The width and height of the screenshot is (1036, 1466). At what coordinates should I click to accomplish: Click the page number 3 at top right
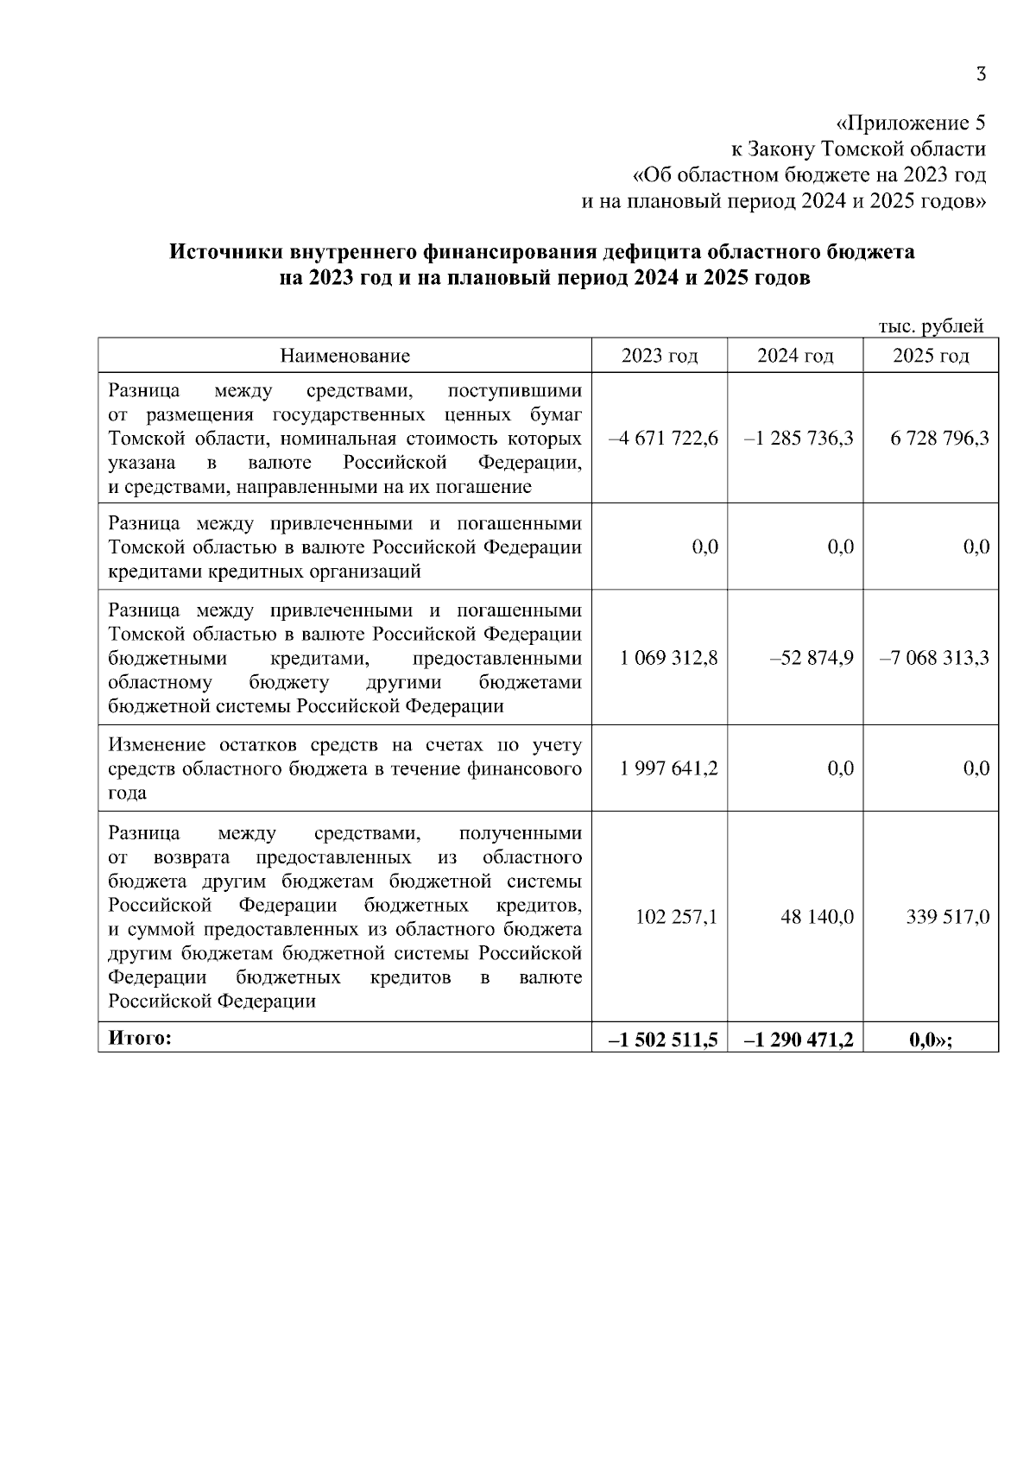980,75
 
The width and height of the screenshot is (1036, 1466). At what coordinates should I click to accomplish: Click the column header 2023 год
660,356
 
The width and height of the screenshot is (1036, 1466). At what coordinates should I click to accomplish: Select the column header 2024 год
795,356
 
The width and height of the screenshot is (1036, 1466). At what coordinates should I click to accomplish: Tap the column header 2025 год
931,356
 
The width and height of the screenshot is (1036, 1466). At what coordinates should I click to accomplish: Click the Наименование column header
345,356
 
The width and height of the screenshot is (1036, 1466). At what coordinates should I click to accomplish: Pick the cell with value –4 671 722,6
663,438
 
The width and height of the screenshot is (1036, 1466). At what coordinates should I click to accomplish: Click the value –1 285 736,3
799,438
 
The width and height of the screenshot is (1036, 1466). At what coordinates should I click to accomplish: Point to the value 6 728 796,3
940,438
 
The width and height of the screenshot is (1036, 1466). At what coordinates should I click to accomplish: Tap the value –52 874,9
812,658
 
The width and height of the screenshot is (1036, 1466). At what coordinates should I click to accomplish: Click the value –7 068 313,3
934,658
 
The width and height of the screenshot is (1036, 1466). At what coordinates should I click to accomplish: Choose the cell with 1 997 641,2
668,768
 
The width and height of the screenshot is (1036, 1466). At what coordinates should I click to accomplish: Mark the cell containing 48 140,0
817,917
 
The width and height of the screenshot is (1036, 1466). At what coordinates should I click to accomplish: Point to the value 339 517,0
947,917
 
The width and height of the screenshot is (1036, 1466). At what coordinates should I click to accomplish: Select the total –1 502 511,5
663,1040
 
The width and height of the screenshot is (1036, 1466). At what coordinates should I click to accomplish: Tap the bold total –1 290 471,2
799,1040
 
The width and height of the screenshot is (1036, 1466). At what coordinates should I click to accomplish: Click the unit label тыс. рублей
931,327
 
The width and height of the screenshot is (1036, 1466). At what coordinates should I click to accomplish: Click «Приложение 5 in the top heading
911,122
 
